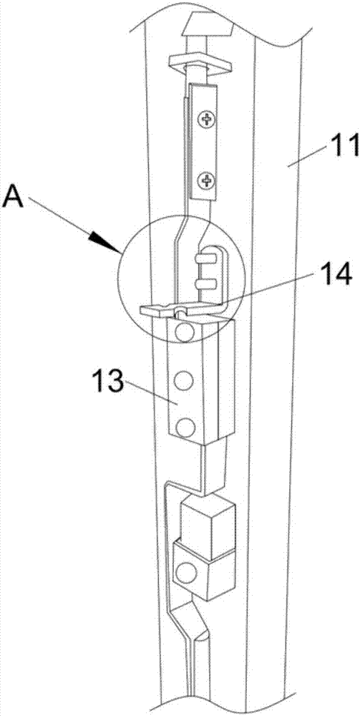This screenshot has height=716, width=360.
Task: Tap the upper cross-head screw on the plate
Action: click(208, 120)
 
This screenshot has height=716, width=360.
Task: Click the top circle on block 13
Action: click(185, 333)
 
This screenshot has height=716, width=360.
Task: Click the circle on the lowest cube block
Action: click(186, 573)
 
